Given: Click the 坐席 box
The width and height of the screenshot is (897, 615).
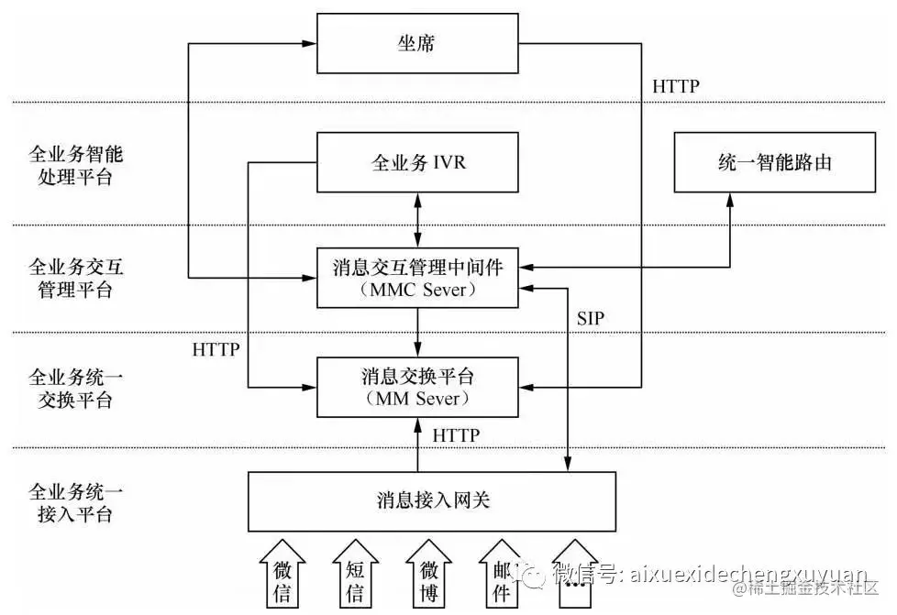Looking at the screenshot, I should point(418,43).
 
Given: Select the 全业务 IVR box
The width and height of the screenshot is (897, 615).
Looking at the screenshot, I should point(418,163).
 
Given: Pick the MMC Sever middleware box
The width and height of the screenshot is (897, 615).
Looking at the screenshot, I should point(418,278).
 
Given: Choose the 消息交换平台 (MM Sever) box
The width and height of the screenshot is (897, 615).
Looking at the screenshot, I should point(418,387).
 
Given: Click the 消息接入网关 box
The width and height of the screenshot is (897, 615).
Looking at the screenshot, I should point(432,500).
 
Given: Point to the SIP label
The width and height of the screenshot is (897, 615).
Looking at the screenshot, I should point(591,317).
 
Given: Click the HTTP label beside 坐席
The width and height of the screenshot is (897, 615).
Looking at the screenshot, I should point(675,87).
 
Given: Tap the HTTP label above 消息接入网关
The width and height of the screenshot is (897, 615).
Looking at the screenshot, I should point(456,434).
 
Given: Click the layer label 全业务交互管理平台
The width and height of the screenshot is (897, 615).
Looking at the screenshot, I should point(71,279).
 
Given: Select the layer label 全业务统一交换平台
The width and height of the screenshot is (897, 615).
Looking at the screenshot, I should point(71,389).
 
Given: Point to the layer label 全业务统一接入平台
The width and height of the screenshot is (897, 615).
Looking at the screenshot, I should point(71,502).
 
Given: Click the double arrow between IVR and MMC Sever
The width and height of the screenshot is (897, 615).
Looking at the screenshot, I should point(418,220).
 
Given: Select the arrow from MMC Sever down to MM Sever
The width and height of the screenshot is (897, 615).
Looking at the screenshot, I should point(418,332).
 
